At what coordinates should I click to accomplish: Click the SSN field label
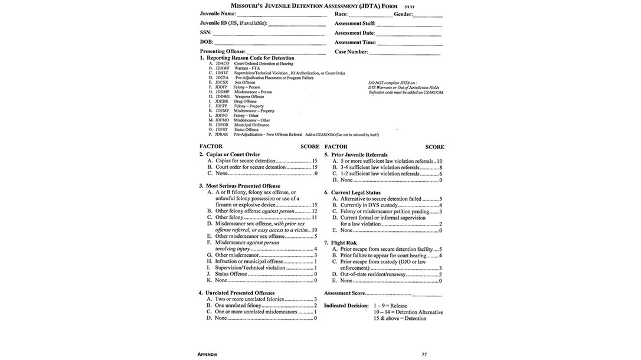click(205, 33)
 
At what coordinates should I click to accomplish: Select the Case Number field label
click(352, 52)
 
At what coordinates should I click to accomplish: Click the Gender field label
click(403, 14)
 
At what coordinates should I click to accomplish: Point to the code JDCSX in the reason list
click(222, 83)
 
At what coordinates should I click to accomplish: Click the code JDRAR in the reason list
click(222, 135)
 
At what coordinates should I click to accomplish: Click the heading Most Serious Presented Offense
click(243, 186)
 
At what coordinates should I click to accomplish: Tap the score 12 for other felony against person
click(315, 211)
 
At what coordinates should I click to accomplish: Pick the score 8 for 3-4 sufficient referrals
click(440, 168)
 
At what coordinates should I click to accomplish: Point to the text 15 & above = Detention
click(400, 319)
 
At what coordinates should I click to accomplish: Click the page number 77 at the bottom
click(424, 354)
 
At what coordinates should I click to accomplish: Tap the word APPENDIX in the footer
click(208, 354)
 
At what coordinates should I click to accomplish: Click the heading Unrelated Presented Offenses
click(240, 293)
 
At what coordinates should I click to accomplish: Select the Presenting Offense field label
click(222, 52)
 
